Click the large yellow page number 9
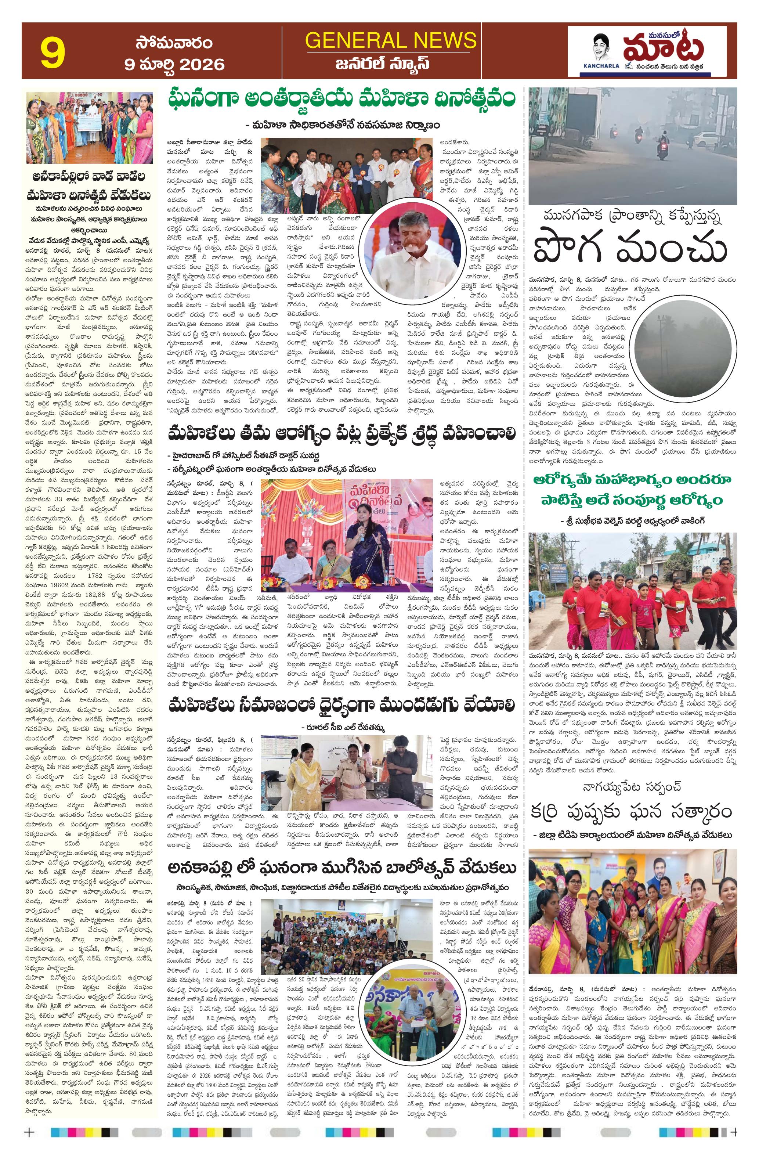53,54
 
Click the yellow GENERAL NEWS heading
390,40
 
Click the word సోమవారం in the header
174,43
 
